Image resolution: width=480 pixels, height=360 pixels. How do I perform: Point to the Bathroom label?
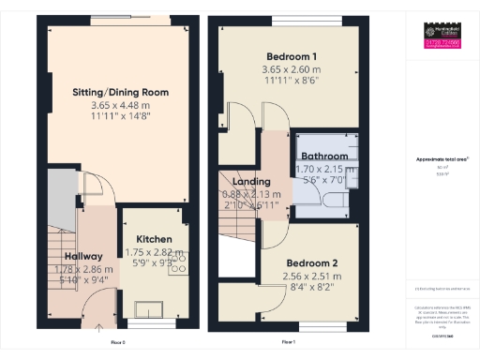(322, 156)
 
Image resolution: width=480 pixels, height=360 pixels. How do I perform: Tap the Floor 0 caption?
(117, 342)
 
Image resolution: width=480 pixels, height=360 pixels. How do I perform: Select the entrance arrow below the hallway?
(98, 328)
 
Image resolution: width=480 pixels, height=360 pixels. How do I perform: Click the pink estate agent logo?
(440, 43)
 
